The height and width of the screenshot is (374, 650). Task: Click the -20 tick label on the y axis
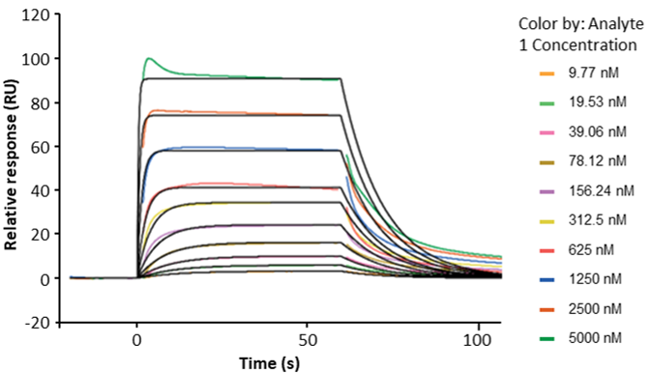click(x=36, y=322)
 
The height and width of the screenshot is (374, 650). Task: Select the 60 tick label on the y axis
click(x=40, y=147)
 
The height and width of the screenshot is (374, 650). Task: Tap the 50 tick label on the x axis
click(x=308, y=340)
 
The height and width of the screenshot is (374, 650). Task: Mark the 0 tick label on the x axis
click(x=137, y=340)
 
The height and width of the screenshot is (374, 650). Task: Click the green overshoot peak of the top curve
click(x=148, y=59)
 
